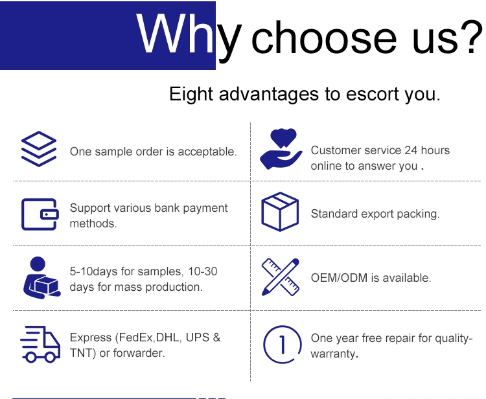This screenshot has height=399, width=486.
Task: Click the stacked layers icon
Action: coord(39,149)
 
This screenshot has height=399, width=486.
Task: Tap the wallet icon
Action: coord(40,214)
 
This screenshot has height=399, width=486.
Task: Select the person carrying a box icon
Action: coord(42,278)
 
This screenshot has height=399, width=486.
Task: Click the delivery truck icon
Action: coord(40,344)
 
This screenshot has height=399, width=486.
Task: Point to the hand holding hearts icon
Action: coord(281,149)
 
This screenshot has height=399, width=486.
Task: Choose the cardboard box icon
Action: coord(280,212)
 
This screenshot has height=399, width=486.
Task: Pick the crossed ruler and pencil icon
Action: coord(281,277)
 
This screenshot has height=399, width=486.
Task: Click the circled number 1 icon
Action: coord(282,344)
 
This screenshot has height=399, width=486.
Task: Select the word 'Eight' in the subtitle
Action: coord(191,94)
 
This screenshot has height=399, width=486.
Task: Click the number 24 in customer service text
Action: coord(411,150)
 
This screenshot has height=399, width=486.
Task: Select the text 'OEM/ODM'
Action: coord(339,278)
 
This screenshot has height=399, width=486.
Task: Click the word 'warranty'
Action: coord(333,354)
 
